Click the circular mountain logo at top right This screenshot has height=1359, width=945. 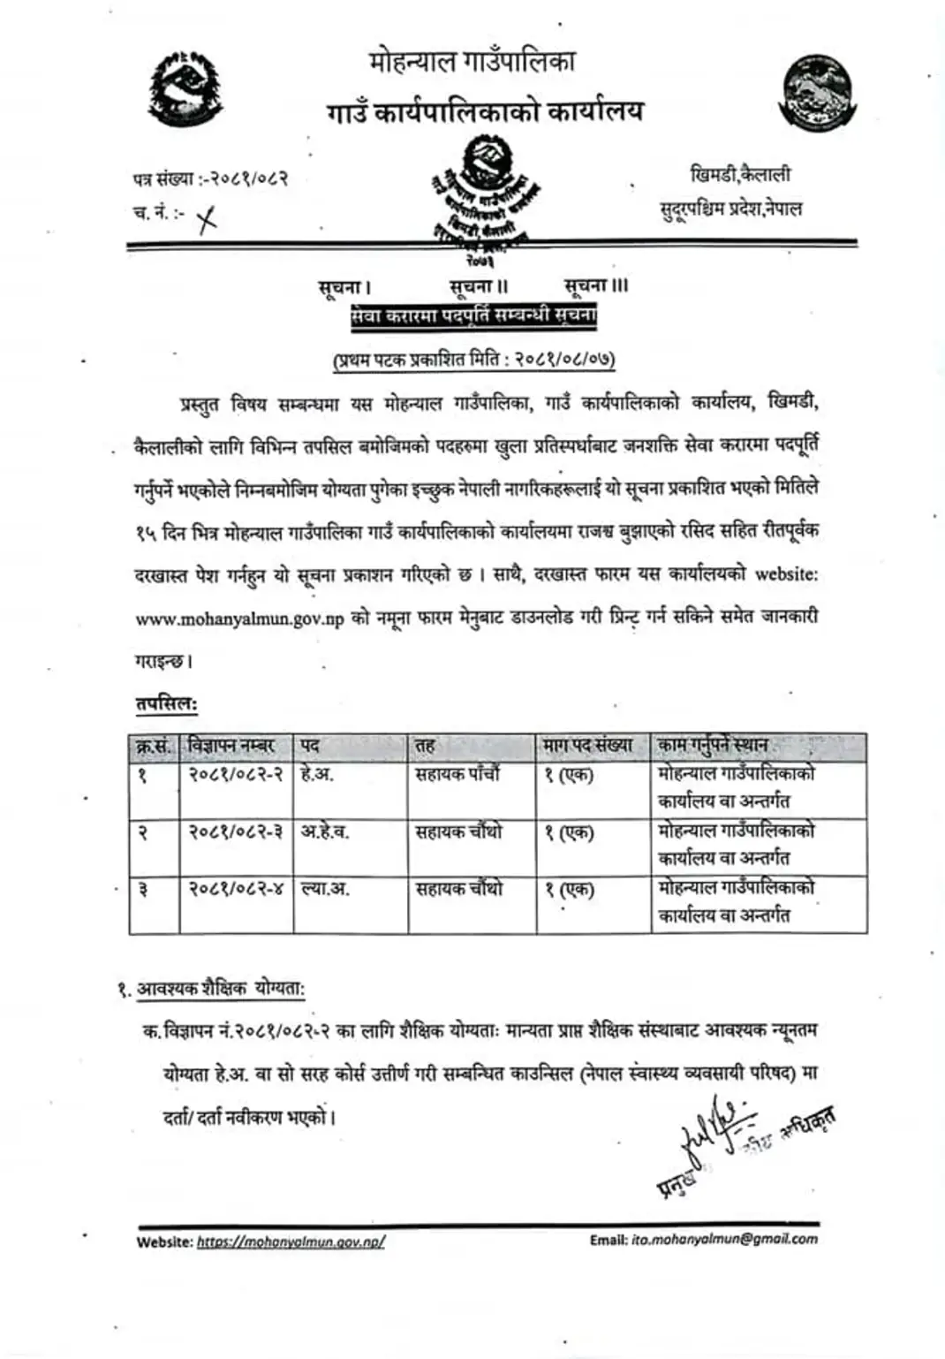click(x=815, y=93)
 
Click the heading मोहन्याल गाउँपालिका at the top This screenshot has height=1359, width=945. click(x=472, y=62)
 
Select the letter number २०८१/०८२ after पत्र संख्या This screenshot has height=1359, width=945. click(x=244, y=179)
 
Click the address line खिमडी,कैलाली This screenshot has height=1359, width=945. click(x=740, y=175)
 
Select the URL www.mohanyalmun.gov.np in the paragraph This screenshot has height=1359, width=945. click(x=239, y=619)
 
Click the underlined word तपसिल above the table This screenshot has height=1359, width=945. click(x=166, y=704)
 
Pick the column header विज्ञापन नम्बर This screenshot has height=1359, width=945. click(x=232, y=746)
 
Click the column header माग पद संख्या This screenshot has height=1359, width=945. click(x=588, y=746)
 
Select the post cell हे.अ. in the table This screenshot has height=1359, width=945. click(x=317, y=775)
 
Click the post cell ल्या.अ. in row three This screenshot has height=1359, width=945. click(x=325, y=888)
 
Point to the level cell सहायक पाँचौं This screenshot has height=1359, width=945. click(x=457, y=775)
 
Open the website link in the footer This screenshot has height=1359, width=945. click(x=291, y=1241)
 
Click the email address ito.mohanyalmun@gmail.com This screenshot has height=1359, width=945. click(x=724, y=1240)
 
